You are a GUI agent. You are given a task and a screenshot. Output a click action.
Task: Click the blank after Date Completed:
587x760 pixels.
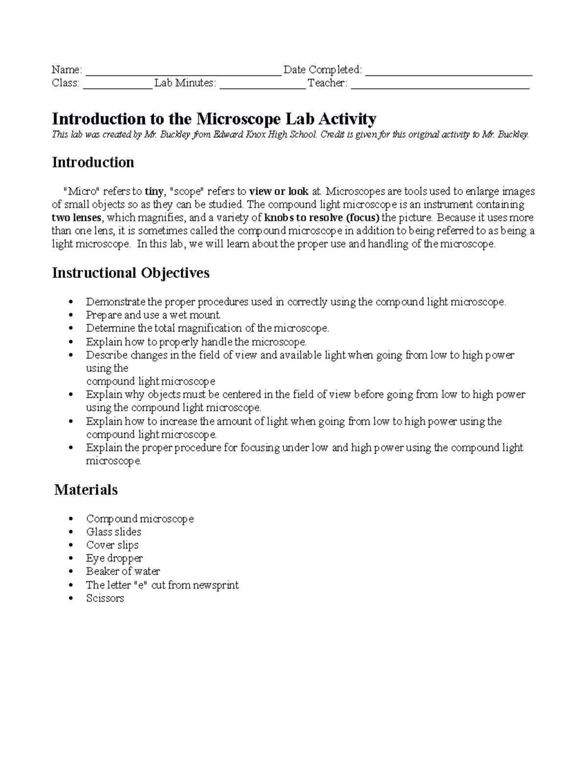click(x=449, y=71)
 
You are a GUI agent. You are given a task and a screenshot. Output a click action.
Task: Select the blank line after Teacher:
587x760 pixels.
click(x=440, y=85)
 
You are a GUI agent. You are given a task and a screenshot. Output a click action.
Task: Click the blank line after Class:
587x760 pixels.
click(x=117, y=85)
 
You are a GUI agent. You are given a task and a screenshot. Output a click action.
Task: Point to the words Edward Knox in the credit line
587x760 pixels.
click(x=237, y=135)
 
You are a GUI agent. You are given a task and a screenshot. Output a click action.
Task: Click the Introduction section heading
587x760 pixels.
click(x=93, y=162)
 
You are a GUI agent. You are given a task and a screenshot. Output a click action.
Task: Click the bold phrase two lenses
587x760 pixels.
click(x=76, y=218)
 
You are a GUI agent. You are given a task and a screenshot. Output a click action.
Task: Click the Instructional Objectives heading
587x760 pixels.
click(x=131, y=273)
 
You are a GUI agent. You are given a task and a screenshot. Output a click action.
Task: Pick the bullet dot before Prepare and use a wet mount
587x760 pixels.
click(x=71, y=316)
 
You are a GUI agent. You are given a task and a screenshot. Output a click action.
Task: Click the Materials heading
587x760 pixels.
click(x=86, y=490)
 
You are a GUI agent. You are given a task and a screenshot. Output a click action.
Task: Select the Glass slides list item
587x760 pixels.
click(x=113, y=532)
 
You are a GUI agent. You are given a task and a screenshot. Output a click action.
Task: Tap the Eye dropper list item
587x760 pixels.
click(x=114, y=558)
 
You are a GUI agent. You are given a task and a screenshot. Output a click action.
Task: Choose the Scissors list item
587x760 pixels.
click(x=105, y=598)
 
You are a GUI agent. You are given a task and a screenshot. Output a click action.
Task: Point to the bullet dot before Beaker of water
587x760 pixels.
click(x=71, y=572)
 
